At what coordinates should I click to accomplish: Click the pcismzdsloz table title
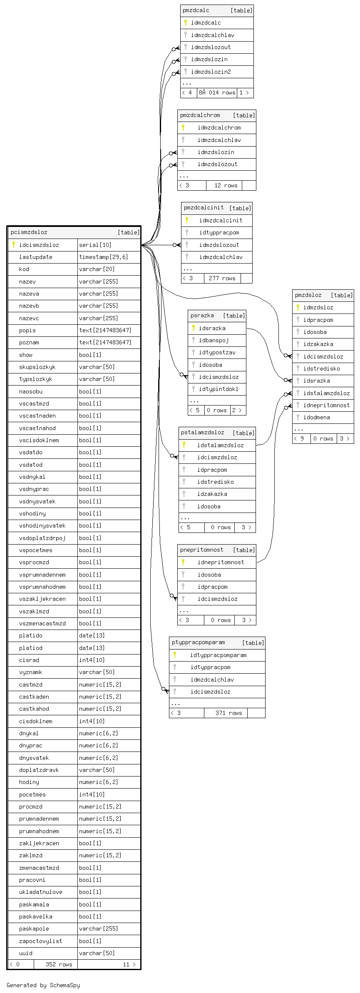tap(29, 232)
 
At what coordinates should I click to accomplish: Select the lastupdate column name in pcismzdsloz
tap(36, 257)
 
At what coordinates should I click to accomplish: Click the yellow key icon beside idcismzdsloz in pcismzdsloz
tap(14, 245)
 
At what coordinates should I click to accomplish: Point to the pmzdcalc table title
tap(196, 10)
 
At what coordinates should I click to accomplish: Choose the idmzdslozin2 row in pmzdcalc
tap(211, 72)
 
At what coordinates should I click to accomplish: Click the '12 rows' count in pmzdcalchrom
tap(226, 186)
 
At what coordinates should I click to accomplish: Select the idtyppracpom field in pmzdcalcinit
tap(219, 232)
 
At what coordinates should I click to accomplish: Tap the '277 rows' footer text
tap(222, 278)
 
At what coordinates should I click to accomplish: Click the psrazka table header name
tap(202, 316)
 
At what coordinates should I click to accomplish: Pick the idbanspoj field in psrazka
tap(214, 340)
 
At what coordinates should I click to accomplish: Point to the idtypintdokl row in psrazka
tap(218, 389)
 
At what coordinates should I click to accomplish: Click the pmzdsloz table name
tap(308, 295)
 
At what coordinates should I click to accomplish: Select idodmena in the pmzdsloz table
tap(316, 417)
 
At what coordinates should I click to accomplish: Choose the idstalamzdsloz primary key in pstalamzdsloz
tap(220, 445)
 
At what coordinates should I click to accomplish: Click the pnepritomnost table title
tap(202, 550)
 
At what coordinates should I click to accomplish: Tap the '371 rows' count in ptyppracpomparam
tap(228, 713)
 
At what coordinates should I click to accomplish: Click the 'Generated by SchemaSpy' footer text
tap(43, 985)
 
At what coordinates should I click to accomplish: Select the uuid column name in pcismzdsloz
tap(26, 953)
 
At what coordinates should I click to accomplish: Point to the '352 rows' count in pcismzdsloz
tap(59, 964)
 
